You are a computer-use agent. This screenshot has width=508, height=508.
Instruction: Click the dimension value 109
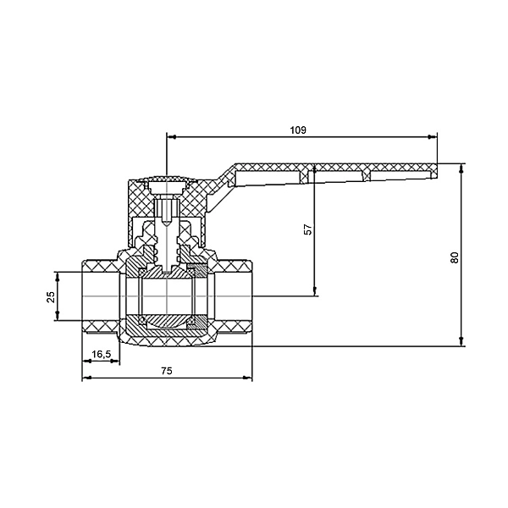[x=298, y=130]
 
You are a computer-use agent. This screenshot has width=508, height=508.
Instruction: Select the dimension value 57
[x=308, y=229]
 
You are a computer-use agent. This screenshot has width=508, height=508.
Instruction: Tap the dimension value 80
[x=455, y=257]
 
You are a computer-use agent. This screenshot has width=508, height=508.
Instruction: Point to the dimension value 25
[x=51, y=297]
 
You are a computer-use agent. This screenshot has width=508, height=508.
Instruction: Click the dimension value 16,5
[x=101, y=355]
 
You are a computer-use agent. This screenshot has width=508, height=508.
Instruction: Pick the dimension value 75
[x=167, y=371]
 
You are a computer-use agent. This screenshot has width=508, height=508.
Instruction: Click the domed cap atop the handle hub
[x=166, y=179]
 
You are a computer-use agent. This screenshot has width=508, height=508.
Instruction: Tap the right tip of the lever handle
[x=437, y=171]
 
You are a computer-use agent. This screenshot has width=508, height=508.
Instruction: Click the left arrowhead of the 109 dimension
[x=171, y=137]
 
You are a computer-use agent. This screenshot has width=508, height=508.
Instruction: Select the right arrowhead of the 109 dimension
[x=432, y=137]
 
